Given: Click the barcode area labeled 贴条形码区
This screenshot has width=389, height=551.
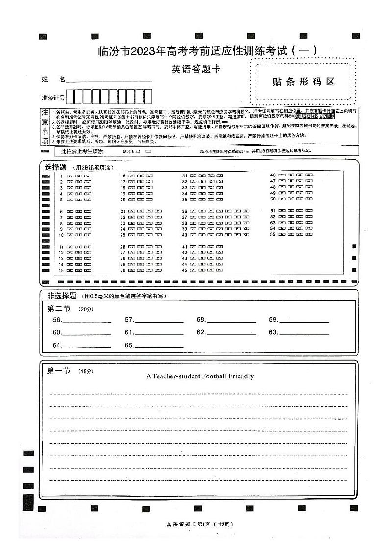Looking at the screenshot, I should (303, 82).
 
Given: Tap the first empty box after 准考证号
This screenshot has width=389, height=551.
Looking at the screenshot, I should (71, 97).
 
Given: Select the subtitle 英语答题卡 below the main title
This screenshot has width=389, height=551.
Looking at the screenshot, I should (196, 69).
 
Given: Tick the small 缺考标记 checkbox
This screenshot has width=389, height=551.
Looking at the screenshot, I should (148, 151).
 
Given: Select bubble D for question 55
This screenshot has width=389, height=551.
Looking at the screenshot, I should (309, 235).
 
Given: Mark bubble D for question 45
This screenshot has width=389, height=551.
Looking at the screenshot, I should (219, 270).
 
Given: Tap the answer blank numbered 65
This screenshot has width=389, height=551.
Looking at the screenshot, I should (159, 345).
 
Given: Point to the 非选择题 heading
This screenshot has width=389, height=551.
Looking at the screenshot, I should (62, 296).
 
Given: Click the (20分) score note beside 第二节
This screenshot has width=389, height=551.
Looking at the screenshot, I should (86, 309).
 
